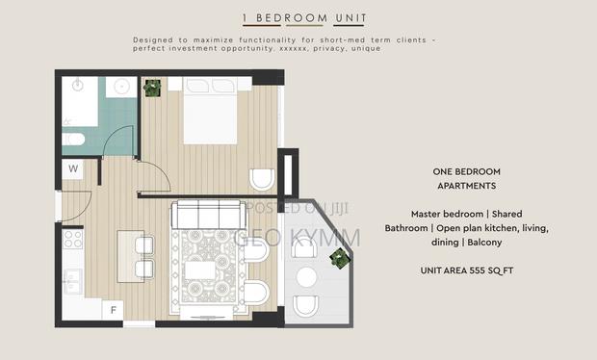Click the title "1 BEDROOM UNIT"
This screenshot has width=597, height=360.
(298, 18)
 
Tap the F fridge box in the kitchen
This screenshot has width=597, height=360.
(114, 310)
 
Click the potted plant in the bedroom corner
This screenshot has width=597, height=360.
(151, 89)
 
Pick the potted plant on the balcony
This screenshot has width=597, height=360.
(338, 257)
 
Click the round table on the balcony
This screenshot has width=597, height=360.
(307, 278)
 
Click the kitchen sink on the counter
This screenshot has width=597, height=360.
(72, 281)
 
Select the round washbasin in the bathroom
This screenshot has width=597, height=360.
(121, 88)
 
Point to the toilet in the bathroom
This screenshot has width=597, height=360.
(76, 141)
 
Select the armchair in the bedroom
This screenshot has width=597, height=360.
(261, 180)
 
